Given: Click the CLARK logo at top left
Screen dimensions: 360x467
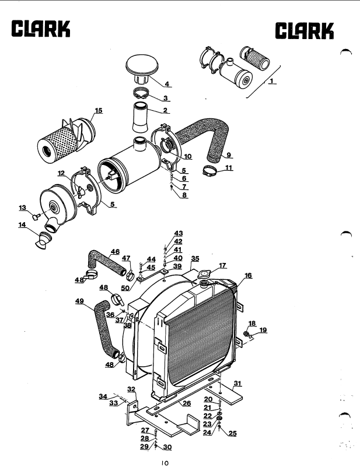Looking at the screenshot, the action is click(x=41, y=29).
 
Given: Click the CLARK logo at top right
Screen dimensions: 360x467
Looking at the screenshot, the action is click(x=304, y=31).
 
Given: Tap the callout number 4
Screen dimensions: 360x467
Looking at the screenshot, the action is click(x=167, y=84).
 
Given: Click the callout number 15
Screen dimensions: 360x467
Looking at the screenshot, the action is click(x=99, y=110).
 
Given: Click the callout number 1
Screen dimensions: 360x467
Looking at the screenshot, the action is click(x=271, y=80).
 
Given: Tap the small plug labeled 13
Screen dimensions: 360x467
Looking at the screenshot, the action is click(x=36, y=217).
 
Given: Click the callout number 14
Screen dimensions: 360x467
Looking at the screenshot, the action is click(x=22, y=224).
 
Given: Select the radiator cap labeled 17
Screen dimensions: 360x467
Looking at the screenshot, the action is click(x=204, y=273).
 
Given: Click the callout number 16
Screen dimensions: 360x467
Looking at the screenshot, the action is click(x=248, y=276).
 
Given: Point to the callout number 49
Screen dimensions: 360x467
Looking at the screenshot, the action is click(x=79, y=301).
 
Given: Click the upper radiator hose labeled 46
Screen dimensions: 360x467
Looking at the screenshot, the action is click(x=105, y=262).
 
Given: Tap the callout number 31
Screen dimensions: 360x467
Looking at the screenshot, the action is click(x=237, y=383).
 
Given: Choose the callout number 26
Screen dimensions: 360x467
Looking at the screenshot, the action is click(x=187, y=403).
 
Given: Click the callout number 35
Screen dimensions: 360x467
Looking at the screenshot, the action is click(x=195, y=258).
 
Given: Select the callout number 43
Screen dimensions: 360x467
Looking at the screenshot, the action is click(x=179, y=233).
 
